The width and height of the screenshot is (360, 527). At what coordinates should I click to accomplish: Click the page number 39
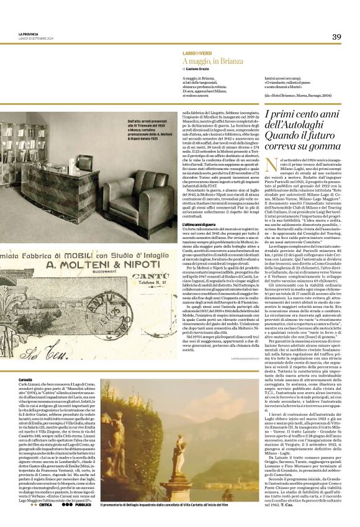[336, 37]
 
